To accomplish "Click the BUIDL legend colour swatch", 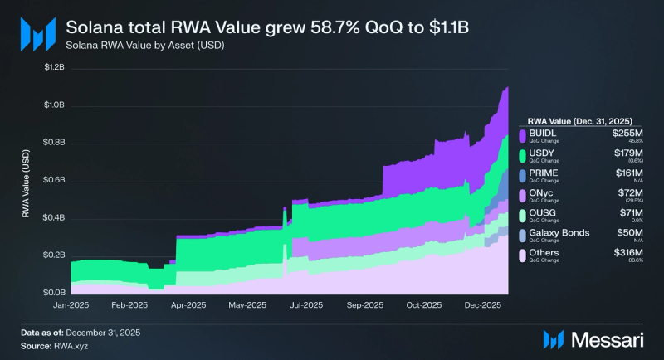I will pos(521,134).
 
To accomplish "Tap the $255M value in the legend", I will pos(628,131).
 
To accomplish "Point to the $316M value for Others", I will pos(628,252).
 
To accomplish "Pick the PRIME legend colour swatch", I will pos(521,175).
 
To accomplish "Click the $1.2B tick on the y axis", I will pos(55,68).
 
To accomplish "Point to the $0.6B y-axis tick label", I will pos(55,181).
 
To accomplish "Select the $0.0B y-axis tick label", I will pos(55,293).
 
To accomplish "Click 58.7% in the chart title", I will pos(325,26).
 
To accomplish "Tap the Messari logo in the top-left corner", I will pos(37,33).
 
